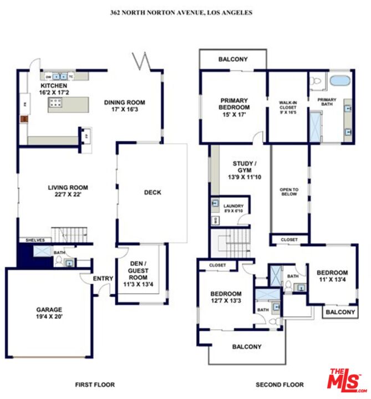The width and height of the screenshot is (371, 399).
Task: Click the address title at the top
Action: pyautogui.click(x=181, y=12)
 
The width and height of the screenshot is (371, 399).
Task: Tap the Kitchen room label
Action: pyautogui.click(x=53, y=90)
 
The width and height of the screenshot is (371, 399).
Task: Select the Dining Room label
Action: pyautogui.click(x=125, y=106)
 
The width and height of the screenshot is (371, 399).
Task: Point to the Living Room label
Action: pyautogui.click(x=68, y=191)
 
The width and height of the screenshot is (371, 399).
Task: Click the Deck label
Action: pyautogui.click(x=153, y=192)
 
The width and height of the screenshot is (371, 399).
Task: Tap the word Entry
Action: pyautogui.click(x=103, y=279)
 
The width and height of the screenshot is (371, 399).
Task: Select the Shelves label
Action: pyautogui.click(x=35, y=240)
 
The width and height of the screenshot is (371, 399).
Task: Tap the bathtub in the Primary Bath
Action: pyautogui.click(x=339, y=81)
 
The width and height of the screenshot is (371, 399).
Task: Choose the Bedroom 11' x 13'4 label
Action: pyautogui.click(x=332, y=276)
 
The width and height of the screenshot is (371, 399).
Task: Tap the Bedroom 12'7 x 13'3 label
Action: pyautogui.click(x=226, y=297)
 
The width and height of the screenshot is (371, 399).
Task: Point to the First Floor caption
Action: pyautogui.click(x=95, y=385)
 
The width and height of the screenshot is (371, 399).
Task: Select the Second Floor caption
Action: pyautogui.click(x=279, y=385)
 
